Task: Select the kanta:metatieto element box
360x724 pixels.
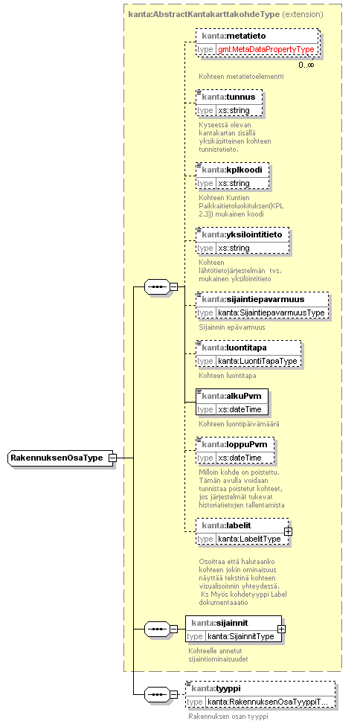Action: [257, 42]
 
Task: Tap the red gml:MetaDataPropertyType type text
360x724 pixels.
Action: [266, 49]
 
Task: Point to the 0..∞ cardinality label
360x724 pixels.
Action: [306, 65]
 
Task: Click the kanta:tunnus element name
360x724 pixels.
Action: [229, 97]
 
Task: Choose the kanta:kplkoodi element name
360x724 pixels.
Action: [232, 170]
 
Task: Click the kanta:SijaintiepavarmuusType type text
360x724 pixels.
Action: [271, 313]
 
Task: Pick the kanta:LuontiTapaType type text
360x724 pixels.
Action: [257, 361]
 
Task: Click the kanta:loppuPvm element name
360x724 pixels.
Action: [234, 444]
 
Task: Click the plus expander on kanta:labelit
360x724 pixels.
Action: [288, 531]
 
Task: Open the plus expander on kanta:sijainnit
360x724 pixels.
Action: [281, 629]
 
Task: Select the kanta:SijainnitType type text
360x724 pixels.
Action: [242, 636]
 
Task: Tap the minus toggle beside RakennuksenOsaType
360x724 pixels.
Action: [112, 458]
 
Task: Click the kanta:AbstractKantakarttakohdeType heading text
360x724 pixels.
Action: [205, 14]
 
